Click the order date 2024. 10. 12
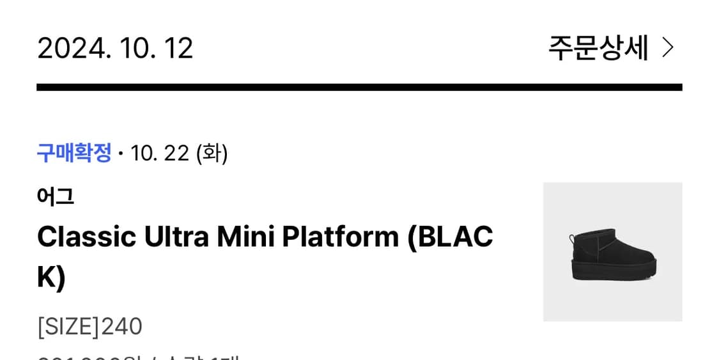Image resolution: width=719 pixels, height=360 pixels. click(x=115, y=48)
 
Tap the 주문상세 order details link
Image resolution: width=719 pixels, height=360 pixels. click(x=598, y=48)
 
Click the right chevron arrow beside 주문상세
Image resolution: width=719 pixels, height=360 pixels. click(x=668, y=48)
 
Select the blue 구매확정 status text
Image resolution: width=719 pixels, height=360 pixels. click(x=74, y=153)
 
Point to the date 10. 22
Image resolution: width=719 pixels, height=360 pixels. click(x=160, y=153)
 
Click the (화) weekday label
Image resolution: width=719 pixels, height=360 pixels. click(x=212, y=153)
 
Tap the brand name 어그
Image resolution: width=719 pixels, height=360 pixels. click(x=56, y=196)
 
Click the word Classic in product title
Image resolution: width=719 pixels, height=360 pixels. click(x=86, y=237)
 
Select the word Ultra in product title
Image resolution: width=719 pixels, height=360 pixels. click(x=176, y=237)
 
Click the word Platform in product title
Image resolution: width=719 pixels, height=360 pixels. click(x=340, y=237)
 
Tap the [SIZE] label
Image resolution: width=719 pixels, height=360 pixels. click(x=68, y=326)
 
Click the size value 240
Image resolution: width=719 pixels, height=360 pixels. click(x=122, y=326)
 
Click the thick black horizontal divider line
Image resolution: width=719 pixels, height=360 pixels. click(x=359, y=87)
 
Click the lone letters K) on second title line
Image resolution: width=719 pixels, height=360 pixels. click(x=51, y=277)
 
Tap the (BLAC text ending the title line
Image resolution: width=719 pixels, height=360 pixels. click(x=451, y=237)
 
